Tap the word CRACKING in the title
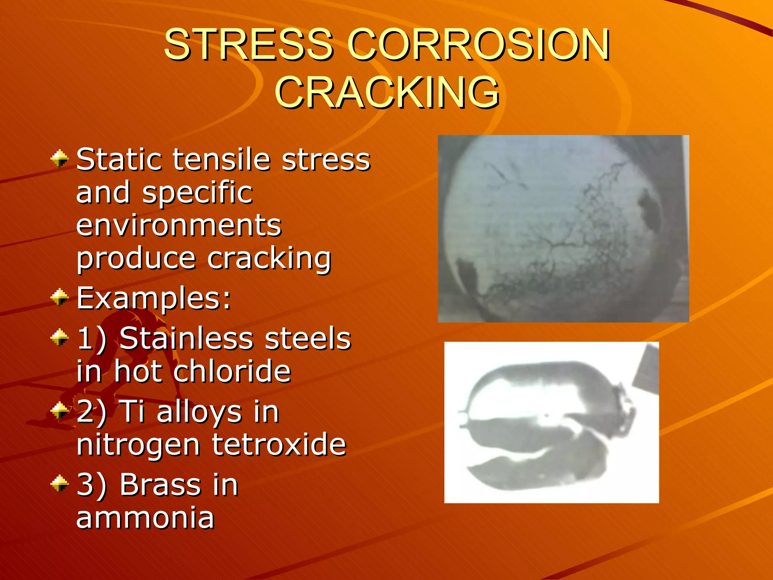(x=387, y=92)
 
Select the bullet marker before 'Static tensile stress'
(x=60, y=159)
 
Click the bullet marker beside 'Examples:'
(x=60, y=297)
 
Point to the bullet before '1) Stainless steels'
(x=60, y=337)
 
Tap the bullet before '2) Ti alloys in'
(x=60, y=410)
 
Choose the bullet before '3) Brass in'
(x=60, y=484)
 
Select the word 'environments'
(x=179, y=225)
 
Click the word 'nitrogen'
(x=138, y=446)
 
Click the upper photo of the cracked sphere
(x=563, y=228)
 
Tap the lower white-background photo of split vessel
(x=551, y=422)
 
